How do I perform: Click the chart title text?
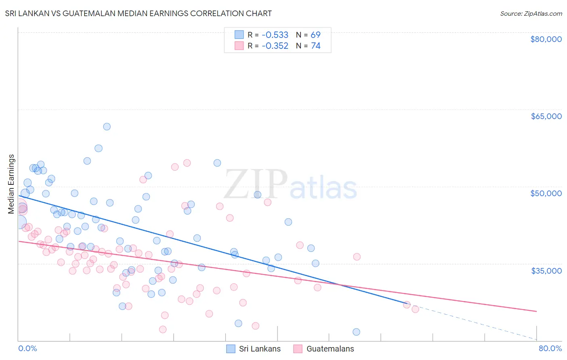pos(138,13)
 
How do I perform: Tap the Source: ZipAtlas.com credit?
pos(531,13)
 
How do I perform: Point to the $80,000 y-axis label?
pos(546,39)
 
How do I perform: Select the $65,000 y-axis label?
pos(546,116)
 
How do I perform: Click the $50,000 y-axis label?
pos(546,193)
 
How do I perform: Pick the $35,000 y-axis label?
pos(546,270)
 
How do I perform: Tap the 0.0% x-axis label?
pos(27,348)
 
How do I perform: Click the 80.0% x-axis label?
pos(550,348)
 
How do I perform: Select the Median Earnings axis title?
pos(11,184)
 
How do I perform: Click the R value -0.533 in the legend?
pos(275,35)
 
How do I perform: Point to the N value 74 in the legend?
pos(315,46)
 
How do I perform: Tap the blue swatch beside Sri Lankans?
pos(231,349)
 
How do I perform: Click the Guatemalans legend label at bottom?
pos(330,349)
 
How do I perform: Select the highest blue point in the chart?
pos(107,127)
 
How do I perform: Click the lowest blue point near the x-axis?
pos(356,332)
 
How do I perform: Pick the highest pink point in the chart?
pos(187,163)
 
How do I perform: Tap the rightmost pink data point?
pos(415,309)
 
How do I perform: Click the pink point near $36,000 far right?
pos(356,257)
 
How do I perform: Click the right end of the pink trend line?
pos(536,311)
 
